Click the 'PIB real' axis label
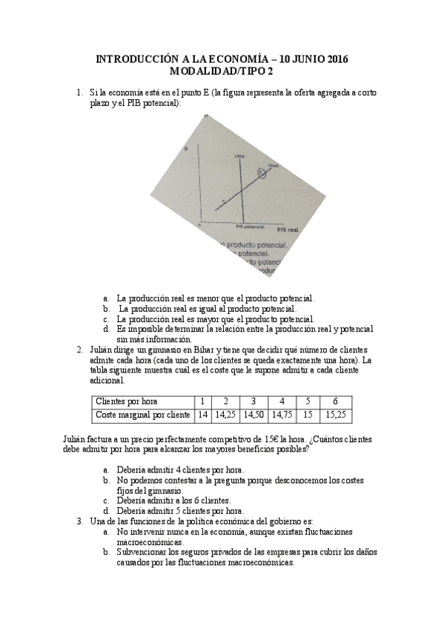click(x=288, y=229)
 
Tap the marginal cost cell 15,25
click(x=336, y=416)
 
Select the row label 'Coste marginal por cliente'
click(x=139, y=416)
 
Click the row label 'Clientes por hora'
click(x=117, y=401)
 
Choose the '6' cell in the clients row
click(x=336, y=401)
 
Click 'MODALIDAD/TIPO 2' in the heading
click(x=222, y=71)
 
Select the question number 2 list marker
click(x=79, y=350)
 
